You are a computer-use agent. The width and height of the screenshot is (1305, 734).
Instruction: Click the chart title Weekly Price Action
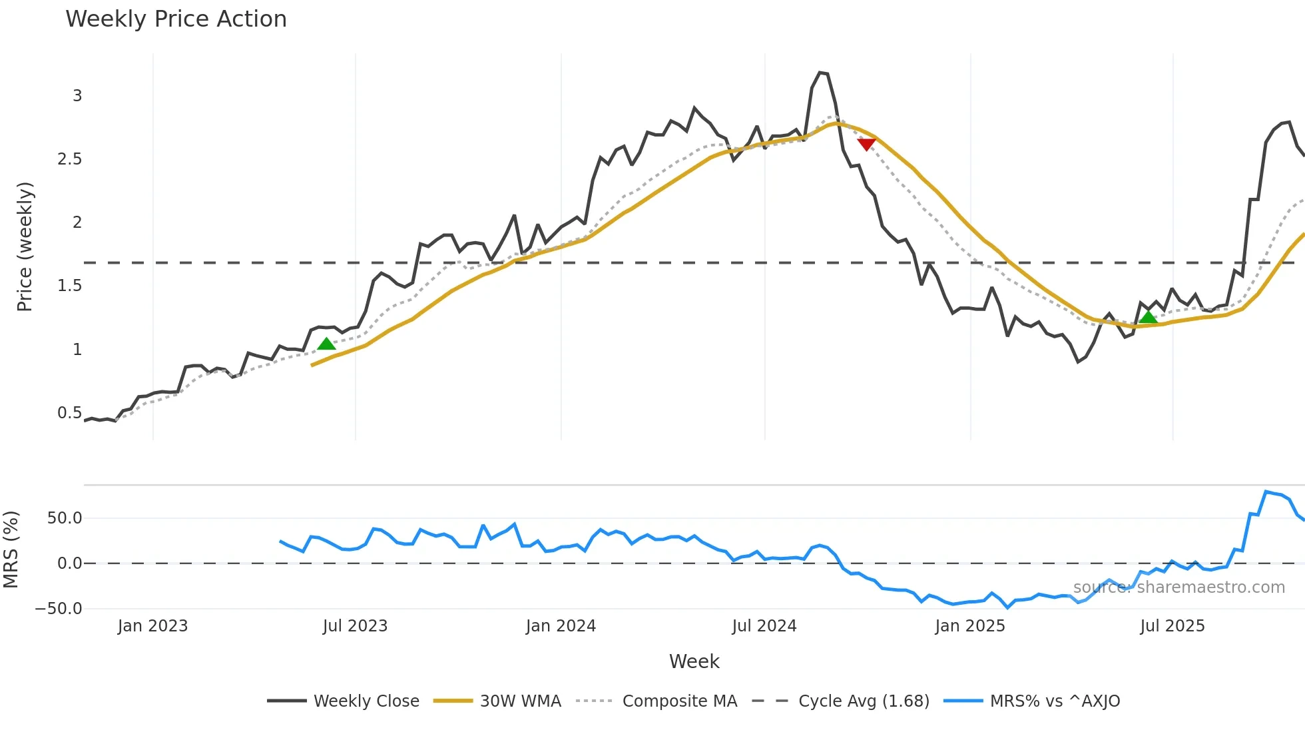(x=176, y=19)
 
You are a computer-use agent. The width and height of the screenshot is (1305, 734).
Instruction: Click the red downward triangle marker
(x=866, y=144)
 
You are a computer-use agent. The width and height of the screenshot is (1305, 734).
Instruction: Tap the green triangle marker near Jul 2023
(x=326, y=344)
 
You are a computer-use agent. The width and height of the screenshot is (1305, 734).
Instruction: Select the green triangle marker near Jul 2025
(x=1148, y=318)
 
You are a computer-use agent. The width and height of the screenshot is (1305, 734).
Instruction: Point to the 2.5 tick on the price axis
(x=69, y=159)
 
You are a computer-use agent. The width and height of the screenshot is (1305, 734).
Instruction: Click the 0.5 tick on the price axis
(x=69, y=413)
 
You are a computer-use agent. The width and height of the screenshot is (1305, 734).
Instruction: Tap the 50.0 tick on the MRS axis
(x=65, y=518)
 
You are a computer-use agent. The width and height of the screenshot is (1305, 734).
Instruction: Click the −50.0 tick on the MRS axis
(x=59, y=609)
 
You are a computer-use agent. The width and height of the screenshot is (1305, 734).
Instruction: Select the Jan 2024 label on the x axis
(x=561, y=626)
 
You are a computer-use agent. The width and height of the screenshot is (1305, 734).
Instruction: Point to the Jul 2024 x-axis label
(x=764, y=626)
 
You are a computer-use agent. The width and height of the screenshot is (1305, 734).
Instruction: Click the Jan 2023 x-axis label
(x=152, y=626)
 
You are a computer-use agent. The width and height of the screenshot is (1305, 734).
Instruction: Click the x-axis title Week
(x=694, y=661)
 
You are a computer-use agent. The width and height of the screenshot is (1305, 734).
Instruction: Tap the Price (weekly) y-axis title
(x=25, y=246)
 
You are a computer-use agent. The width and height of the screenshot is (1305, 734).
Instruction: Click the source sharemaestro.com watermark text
(x=1178, y=587)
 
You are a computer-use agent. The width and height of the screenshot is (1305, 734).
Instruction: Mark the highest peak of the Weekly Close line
(x=820, y=72)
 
